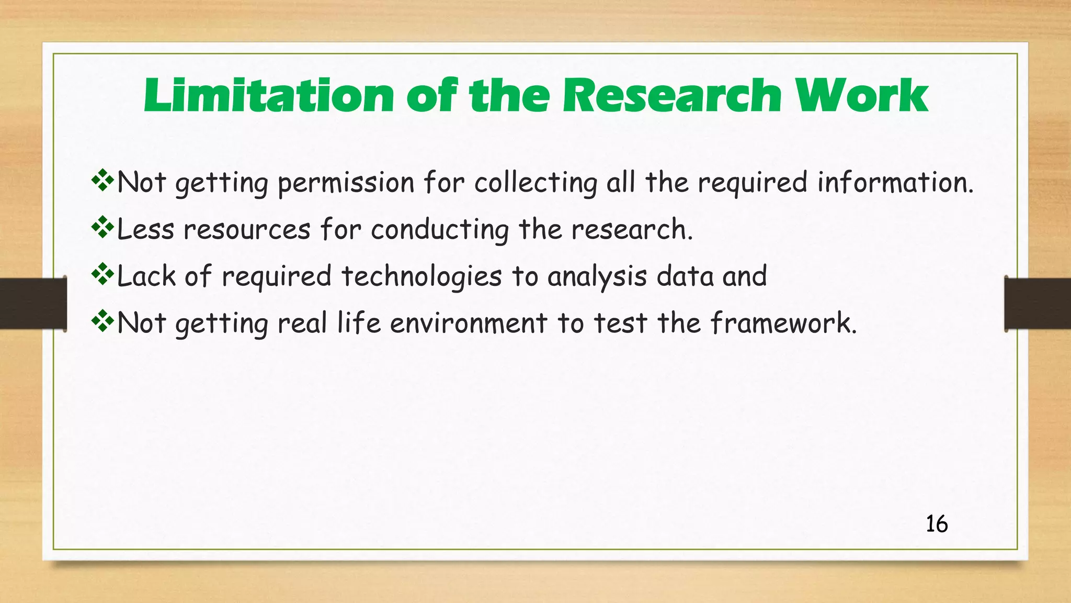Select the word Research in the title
pyautogui.click(x=673, y=96)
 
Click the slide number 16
pyautogui.click(x=936, y=524)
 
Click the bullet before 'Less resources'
pyautogui.click(x=102, y=227)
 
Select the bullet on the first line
pyautogui.click(x=102, y=181)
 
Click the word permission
pyautogui.click(x=346, y=183)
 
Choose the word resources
pyautogui.click(x=247, y=230)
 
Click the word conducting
pyautogui.click(x=440, y=230)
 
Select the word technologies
pyautogui.click(x=421, y=276)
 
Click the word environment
pyautogui.click(x=469, y=323)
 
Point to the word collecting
pyautogui.click(x=535, y=183)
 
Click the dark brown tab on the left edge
pyautogui.click(x=32, y=304)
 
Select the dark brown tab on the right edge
pyautogui.click(x=1038, y=304)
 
